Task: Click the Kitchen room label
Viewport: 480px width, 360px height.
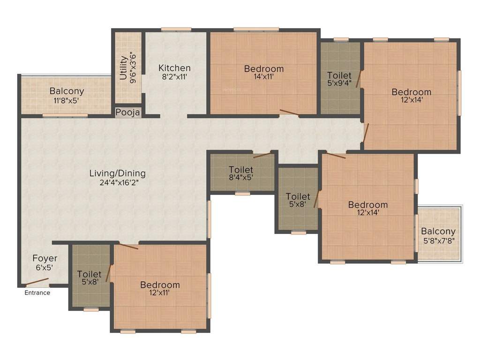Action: coord(174,68)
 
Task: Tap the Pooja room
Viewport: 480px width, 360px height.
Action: coord(128,113)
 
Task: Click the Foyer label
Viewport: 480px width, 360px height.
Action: coord(45,258)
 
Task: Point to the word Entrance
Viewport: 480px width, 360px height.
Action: coord(37,293)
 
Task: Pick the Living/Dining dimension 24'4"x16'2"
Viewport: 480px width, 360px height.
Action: coord(117,183)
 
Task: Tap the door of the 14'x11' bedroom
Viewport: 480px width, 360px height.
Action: coord(289,112)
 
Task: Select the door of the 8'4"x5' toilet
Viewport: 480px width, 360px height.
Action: coord(262,155)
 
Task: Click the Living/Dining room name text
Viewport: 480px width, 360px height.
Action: coord(117,173)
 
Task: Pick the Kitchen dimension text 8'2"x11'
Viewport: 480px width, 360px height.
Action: coord(174,77)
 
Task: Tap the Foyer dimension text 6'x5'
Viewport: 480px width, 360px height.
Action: coord(45,268)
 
